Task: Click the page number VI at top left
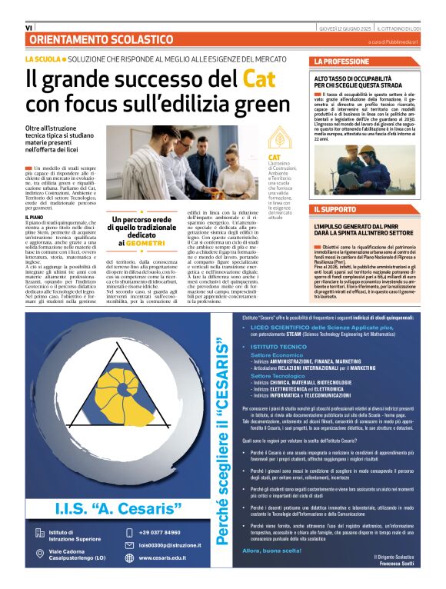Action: tap(28, 28)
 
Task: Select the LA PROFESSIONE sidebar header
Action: tap(342, 61)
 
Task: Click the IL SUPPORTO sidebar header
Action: tap(335, 209)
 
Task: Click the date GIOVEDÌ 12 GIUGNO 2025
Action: tap(361, 28)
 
